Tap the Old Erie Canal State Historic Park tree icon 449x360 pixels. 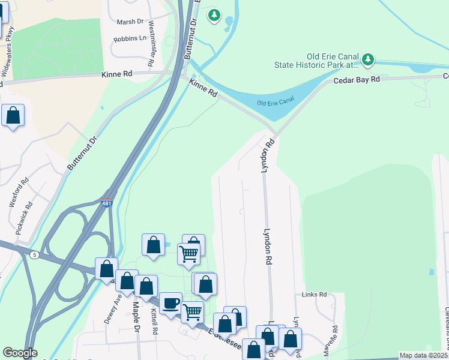(x=368, y=59)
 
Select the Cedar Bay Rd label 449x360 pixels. (x=357, y=79)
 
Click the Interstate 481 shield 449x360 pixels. (x=107, y=204)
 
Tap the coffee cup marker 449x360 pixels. (x=170, y=303)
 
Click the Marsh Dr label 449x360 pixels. (x=132, y=22)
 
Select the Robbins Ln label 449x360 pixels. (x=130, y=38)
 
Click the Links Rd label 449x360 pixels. (x=314, y=295)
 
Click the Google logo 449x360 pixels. (x=20, y=353)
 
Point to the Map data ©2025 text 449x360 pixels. (x=423, y=355)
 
